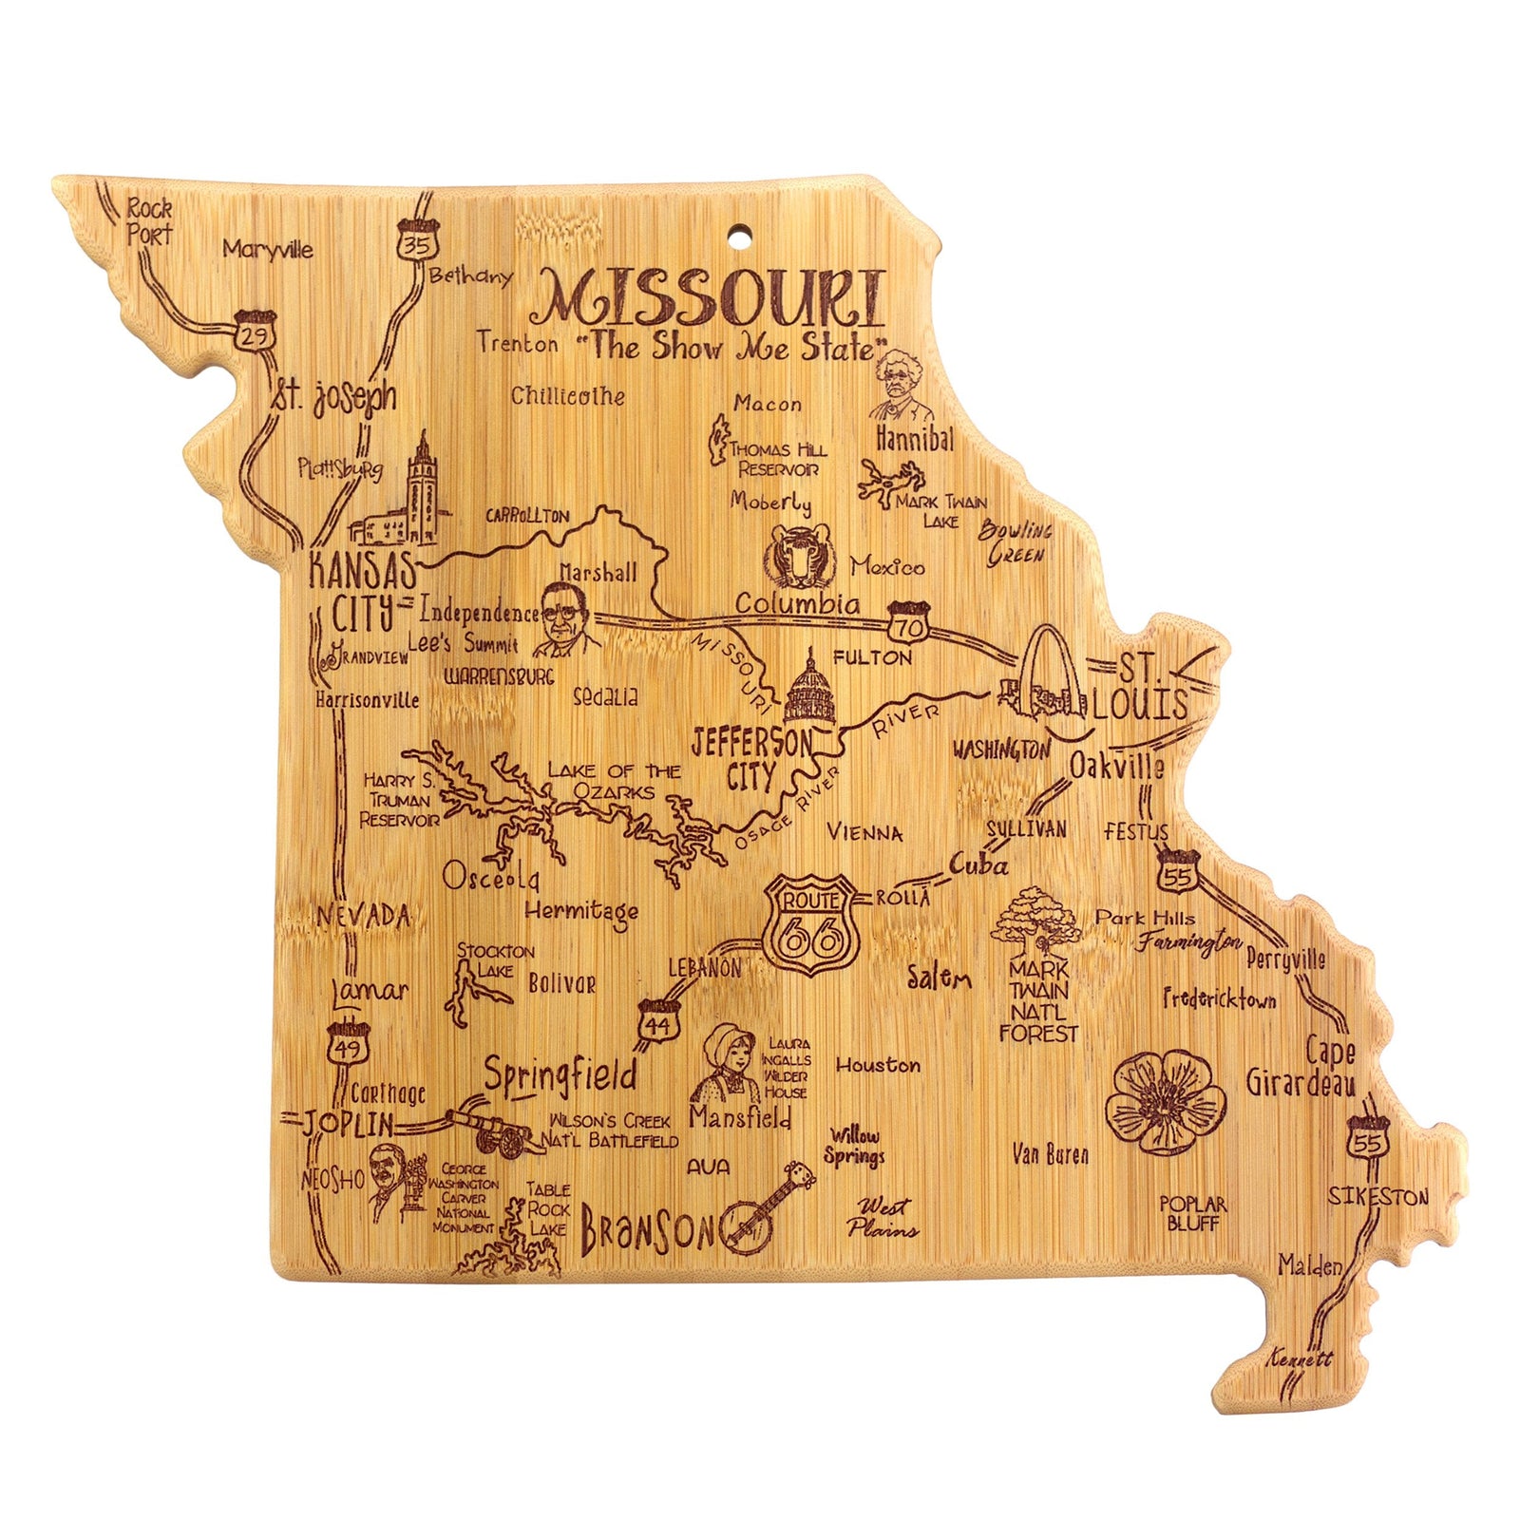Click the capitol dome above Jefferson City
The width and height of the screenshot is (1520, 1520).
[810, 689]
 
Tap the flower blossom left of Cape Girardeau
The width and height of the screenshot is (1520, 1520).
[1154, 1102]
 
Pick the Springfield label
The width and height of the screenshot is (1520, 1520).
[559, 1075]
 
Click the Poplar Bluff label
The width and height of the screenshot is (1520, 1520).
[1193, 1213]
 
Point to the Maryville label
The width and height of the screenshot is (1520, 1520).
[268, 250]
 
